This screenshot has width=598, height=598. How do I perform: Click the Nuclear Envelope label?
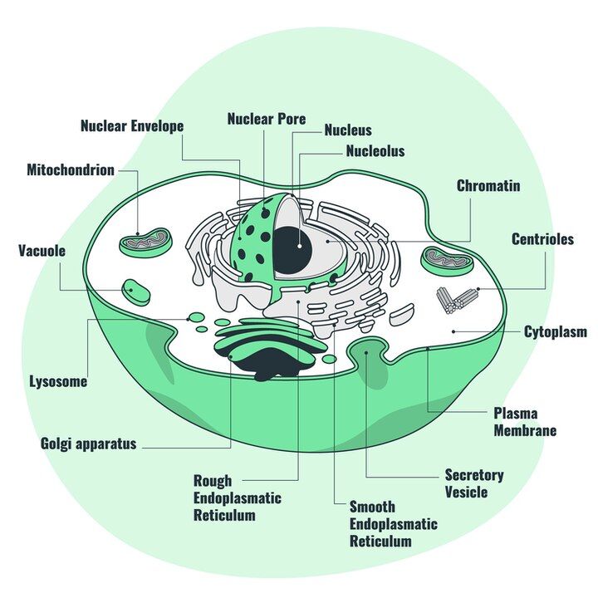[131, 126]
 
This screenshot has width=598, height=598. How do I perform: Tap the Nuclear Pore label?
[266, 119]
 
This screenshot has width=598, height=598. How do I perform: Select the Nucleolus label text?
[375, 151]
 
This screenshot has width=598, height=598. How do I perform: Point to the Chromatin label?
[488, 186]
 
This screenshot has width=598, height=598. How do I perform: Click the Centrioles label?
[542, 239]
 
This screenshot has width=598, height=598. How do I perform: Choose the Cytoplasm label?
[555, 332]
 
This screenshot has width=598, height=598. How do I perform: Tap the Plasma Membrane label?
[525, 422]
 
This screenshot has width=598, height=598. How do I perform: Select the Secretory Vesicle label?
[473, 483]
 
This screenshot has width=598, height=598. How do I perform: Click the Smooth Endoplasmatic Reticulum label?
[392, 523]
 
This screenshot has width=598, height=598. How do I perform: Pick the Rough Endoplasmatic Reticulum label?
[237, 498]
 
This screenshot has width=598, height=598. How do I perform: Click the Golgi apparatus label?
[88, 444]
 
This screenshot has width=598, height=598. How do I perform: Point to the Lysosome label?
[58, 382]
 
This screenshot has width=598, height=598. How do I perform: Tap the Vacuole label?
[42, 250]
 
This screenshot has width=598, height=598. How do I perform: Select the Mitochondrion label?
[70, 170]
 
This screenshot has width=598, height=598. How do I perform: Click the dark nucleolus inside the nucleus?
[291, 248]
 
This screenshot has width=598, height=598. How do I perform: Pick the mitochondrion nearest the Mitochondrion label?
[145, 243]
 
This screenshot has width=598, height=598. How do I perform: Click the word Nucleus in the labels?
[347, 130]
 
